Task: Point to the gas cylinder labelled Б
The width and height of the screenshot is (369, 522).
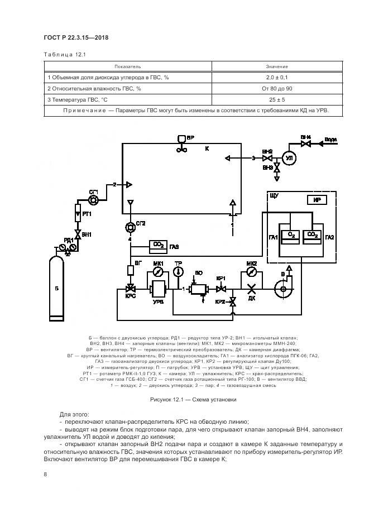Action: pos(56,288)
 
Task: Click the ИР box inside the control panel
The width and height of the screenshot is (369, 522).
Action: pos(315,200)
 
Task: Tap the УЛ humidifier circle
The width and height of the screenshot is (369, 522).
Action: pos(289,159)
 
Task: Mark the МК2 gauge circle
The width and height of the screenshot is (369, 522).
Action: pos(251,272)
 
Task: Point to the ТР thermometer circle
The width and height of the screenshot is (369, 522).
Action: pos(178,272)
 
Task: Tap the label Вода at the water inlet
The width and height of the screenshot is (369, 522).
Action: pos(330,138)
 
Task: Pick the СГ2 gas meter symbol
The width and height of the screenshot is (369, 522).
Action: pos(131,227)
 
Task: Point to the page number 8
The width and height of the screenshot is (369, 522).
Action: pos(45,474)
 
